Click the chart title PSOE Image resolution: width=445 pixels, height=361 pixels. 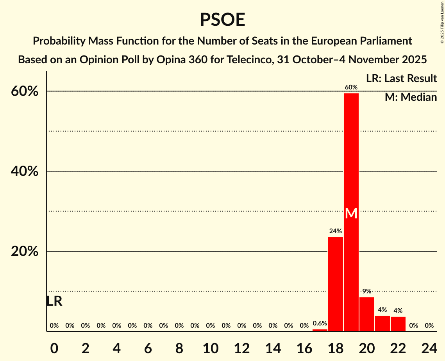(222, 20)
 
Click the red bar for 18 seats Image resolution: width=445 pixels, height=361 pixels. (336, 284)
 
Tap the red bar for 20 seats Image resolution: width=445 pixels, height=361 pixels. (367, 314)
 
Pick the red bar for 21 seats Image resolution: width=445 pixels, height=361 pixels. (382, 323)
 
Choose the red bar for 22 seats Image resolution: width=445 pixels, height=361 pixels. (398, 323)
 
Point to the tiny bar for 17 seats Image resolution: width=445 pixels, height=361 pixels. (320, 330)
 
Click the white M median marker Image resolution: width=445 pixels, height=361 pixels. (351, 213)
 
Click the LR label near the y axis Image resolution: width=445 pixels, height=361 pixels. (54, 301)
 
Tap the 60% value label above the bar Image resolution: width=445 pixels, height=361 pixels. (351, 87)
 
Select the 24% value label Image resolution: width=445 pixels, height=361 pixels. (335, 231)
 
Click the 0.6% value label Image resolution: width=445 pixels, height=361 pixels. (320, 323)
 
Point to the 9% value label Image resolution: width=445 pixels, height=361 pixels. (366, 291)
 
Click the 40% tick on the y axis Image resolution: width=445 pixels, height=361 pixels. (25, 171)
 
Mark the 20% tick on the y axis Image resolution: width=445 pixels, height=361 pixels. (25, 251)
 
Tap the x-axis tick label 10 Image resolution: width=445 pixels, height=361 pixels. (211, 347)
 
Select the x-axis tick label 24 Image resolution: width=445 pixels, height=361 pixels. (429, 347)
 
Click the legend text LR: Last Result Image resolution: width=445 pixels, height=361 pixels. (401, 79)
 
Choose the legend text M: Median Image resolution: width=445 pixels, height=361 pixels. (411, 97)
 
